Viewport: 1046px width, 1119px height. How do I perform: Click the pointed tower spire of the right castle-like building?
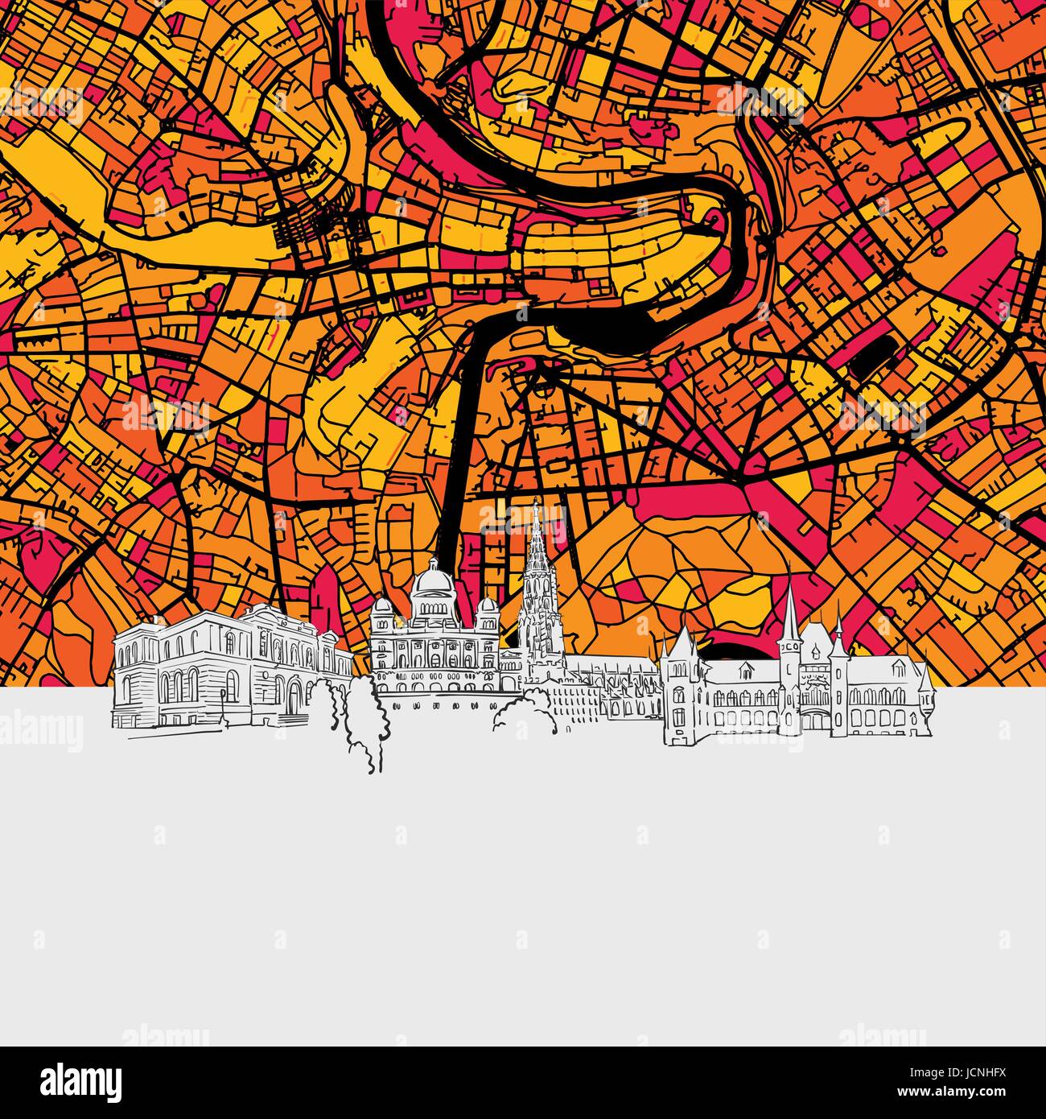click(789, 600)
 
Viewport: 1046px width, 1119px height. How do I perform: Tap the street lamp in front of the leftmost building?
click(222, 702)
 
